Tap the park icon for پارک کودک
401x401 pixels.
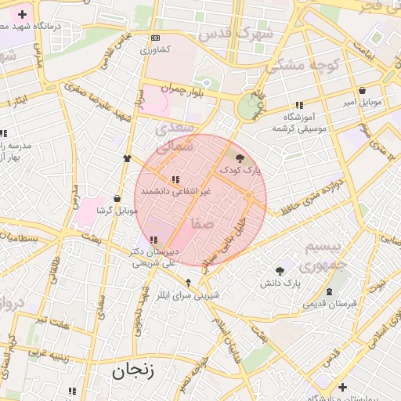[x=239, y=158]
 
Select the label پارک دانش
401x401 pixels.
[x=282, y=282]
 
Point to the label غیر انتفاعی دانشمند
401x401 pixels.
[x=174, y=191]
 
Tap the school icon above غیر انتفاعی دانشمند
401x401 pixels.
[x=175, y=180]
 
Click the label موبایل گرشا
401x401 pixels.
[x=117, y=211]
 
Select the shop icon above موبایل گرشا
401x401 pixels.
[x=117, y=199]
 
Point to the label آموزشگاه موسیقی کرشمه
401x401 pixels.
[x=299, y=123]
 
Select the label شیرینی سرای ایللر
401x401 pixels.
[x=188, y=295]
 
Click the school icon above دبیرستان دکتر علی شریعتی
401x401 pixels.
[x=154, y=240]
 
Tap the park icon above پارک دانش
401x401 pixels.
[x=280, y=271]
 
